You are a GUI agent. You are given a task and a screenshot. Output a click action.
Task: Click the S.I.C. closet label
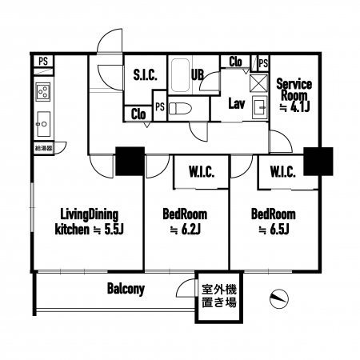(x=145, y=75)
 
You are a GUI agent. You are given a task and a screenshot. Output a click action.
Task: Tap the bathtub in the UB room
(x=180, y=75)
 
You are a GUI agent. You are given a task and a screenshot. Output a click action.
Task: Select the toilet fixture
(x=180, y=109)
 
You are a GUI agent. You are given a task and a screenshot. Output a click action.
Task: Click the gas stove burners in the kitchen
(x=43, y=91)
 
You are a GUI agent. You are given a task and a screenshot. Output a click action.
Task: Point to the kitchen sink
(x=43, y=124)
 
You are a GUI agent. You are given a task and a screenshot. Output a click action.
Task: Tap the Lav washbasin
(x=260, y=107)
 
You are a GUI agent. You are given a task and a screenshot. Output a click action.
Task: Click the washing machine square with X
(x=258, y=83)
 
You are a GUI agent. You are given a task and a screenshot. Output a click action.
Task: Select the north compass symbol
(x=279, y=299)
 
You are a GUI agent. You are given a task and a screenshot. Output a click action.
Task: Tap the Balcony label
(x=126, y=289)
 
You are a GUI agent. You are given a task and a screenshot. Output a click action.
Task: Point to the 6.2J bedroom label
(x=185, y=222)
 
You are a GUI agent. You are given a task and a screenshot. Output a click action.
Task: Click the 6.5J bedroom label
(x=274, y=222)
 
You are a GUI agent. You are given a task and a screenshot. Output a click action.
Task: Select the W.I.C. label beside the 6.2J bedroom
(x=202, y=172)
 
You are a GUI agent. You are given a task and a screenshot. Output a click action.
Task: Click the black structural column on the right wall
(x=318, y=162)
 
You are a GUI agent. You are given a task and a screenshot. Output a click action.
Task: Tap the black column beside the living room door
(x=130, y=161)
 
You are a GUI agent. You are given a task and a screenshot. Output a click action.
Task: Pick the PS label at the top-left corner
(x=43, y=61)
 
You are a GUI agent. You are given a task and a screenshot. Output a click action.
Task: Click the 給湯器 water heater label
(x=44, y=148)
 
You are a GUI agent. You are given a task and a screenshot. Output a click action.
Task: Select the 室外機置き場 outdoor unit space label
(x=219, y=296)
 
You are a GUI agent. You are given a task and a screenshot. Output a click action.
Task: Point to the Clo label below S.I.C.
(x=138, y=114)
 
